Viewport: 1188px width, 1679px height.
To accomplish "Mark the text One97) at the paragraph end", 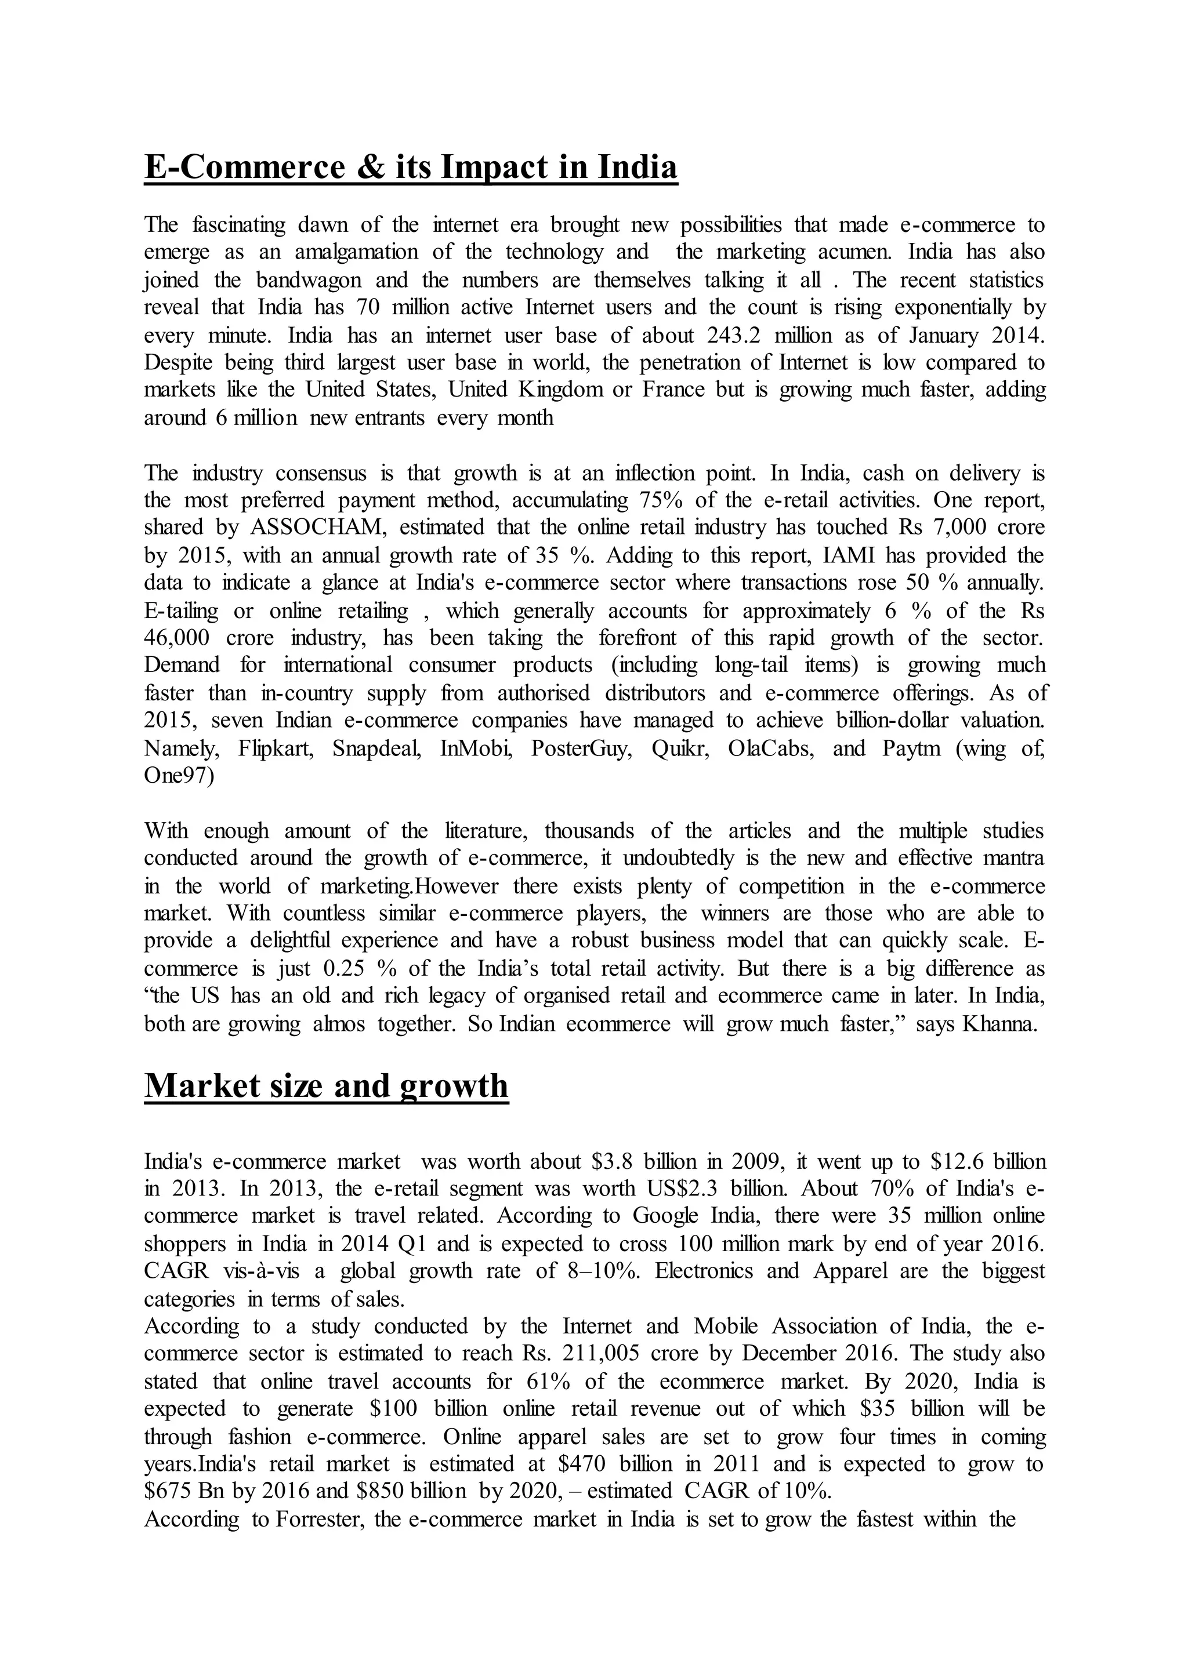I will click(x=179, y=776).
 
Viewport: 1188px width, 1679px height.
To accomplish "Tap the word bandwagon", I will click(x=309, y=280).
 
